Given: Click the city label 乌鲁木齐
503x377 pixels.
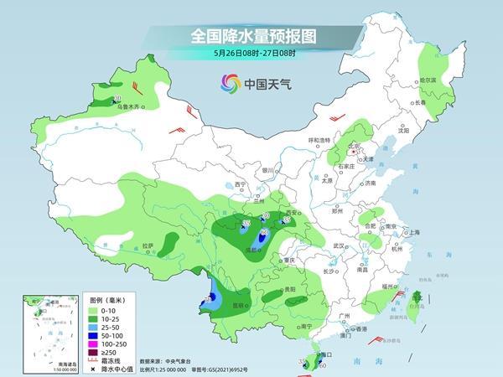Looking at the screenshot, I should tap(127, 106).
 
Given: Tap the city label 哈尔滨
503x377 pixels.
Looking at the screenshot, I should tap(428, 80).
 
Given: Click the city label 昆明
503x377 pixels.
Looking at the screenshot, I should tap(241, 305).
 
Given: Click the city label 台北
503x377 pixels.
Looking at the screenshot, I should tap(417, 295).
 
